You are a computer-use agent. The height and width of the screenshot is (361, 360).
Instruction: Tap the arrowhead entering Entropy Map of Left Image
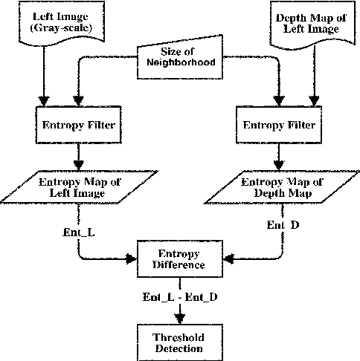(77, 167)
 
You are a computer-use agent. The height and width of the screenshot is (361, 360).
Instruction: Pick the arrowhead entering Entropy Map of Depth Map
(277, 167)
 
